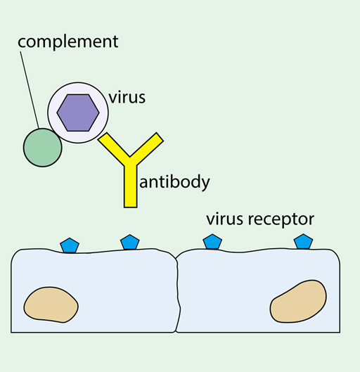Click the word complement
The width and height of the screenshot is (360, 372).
click(68, 41)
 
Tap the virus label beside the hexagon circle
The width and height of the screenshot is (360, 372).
click(127, 97)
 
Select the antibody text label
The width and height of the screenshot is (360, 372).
click(176, 183)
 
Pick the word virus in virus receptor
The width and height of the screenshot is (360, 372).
click(225, 219)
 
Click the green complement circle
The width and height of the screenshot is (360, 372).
click(43, 147)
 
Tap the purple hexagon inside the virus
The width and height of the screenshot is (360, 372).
click(78, 112)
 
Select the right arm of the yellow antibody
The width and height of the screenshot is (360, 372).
click(148, 148)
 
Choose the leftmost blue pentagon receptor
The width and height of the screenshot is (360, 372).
click(69, 245)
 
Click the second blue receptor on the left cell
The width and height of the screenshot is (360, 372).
click(129, 243)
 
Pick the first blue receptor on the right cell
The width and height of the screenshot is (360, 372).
click(212, 242)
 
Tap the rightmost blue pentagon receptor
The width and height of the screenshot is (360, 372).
click(302, 241)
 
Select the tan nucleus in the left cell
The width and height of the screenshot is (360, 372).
click(51, 304)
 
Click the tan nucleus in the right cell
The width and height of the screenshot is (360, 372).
click(298, 301)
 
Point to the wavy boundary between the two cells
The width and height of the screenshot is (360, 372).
click(178, 295)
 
